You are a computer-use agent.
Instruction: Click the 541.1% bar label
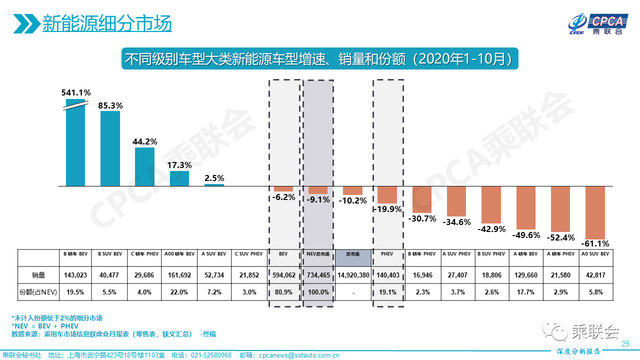point(76,92)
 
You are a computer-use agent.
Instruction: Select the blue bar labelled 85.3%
point(110,148)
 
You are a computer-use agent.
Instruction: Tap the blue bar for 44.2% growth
point(144,166)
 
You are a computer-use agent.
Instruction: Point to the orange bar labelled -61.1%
point(595,212)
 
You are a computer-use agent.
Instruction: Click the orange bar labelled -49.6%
point(526,207)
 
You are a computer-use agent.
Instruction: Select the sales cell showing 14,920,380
point(353,274)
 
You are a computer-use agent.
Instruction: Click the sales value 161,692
point(179,274)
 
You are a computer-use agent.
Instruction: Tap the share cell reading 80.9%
point(284,292)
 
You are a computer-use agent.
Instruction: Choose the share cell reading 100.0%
point(318,292)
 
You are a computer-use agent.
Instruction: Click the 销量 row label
point(38,274)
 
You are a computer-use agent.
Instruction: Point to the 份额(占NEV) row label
point(38,292)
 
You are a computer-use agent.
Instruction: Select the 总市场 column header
point(353,254)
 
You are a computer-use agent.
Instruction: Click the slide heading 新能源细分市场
point(106,23)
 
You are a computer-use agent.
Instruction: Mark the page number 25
point(625,343)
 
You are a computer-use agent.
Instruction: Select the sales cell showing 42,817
point(595,274)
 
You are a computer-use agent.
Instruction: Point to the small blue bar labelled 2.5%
point(214,184)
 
